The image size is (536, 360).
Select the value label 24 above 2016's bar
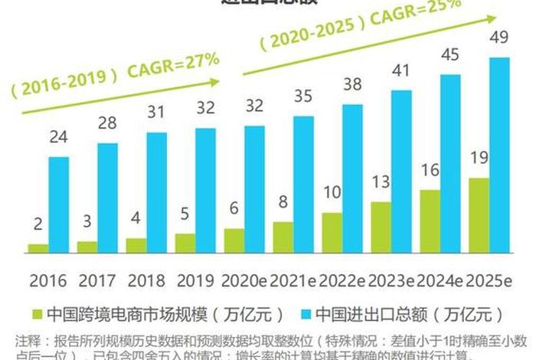(59, 138)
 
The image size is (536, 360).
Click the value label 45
(449, 55)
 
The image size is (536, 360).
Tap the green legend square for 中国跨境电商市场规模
(36, 314)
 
